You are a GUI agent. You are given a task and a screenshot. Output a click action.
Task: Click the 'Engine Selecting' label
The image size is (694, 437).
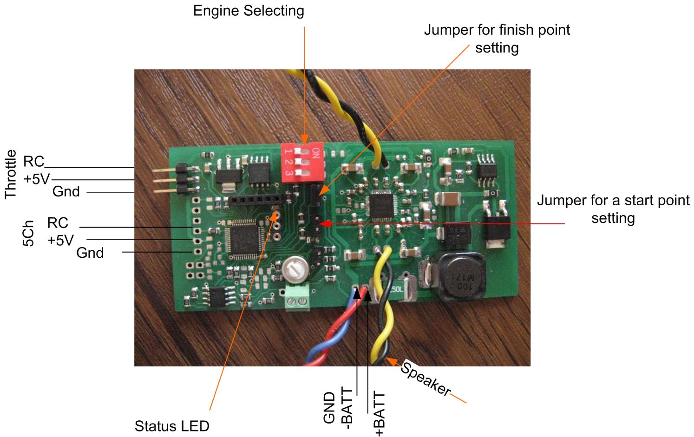click(249, 11)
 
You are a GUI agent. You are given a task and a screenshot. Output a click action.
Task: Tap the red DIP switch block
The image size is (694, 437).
click(301, 162)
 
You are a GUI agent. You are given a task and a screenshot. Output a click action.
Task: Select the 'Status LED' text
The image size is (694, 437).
click(172, 426)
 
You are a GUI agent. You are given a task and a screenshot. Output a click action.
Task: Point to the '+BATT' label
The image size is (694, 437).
click(380, 414)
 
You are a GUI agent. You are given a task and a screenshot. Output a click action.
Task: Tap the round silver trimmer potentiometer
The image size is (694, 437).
click(293, 270)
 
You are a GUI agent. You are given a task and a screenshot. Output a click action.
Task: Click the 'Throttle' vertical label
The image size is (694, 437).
click(11, 174)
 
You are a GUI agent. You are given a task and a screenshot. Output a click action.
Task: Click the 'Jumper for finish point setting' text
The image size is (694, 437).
click(497, 39)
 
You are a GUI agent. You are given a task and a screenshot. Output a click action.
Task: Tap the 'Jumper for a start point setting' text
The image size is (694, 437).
click(613, 209)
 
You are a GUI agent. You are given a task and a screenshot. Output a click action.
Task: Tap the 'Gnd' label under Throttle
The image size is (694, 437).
click(66, 191)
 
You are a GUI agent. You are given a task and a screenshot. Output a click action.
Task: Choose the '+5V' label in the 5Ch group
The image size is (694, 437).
click(60, 240)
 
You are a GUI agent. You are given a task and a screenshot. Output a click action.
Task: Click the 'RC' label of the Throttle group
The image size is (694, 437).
click(34, 162)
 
